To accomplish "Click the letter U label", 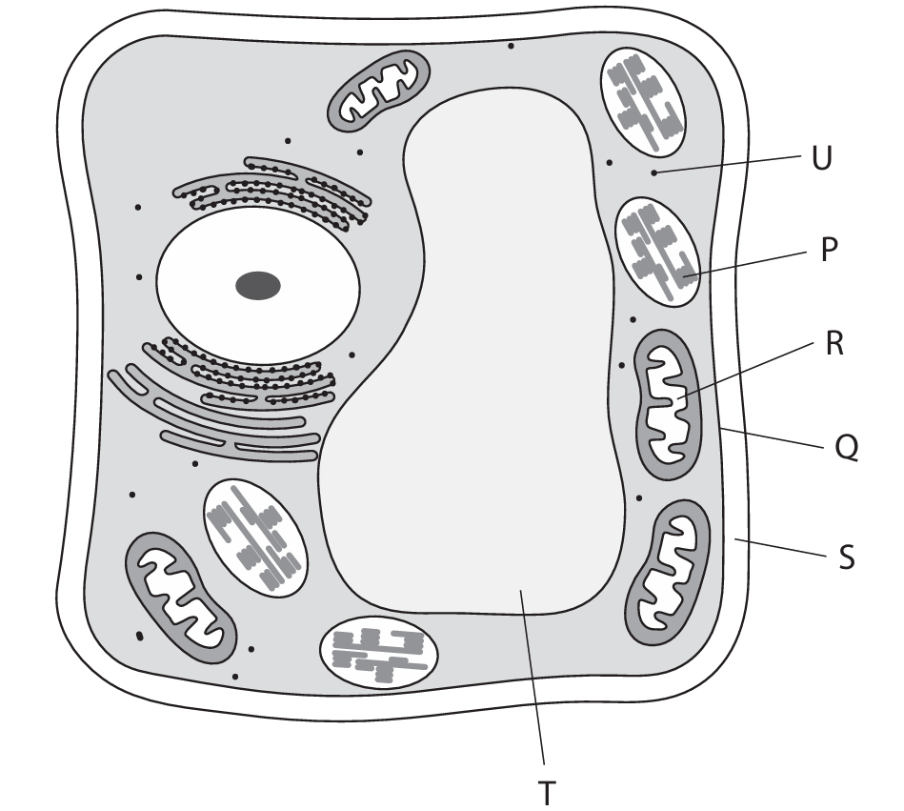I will coord(821,157).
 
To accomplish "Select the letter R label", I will coord(834,344).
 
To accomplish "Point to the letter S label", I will coord(846,557).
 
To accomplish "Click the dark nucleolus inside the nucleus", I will coord(258,285).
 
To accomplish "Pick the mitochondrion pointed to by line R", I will coord(672,404).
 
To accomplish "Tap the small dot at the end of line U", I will coord(653,172).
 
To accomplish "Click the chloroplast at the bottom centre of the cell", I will coord(379,654).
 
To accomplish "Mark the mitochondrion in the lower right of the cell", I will coord(668,571).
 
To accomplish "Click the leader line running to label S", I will coord(781,549).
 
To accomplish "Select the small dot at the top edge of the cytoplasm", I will coord(511,46).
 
